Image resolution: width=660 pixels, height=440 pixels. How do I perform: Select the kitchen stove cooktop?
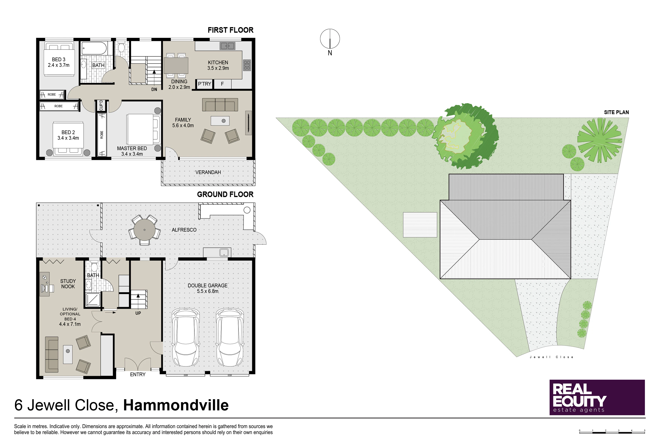[x=247, y=65]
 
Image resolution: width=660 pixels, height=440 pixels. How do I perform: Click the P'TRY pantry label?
[x=205, y=84]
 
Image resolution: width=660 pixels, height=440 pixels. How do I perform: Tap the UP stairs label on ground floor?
[x=138, y=313]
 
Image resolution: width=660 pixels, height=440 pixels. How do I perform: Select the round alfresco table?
[x=145, y=230]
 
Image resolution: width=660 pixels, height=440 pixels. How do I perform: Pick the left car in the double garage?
[x=186, y=337]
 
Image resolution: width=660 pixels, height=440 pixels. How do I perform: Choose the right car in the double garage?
[x=230, y=337]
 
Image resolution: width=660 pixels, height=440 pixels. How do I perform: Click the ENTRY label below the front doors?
[x=138, y=375]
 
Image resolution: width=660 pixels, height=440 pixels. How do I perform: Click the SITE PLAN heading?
[x=617, y=112]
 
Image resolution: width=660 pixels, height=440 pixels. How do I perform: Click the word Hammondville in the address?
[x=176, y=405]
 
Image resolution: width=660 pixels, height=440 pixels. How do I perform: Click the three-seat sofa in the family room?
[x=220, y=105]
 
